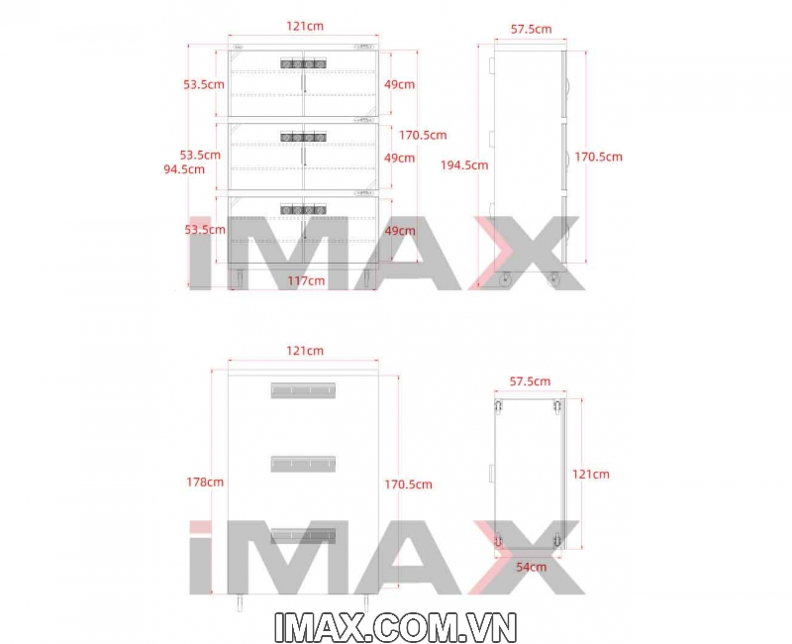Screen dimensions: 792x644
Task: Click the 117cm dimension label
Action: tap(306, 280)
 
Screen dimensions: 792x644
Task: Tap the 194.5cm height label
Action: tap(464, 164)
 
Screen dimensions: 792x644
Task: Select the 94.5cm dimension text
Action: tap(184, 168)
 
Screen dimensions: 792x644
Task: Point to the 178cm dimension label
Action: tap(205, 482)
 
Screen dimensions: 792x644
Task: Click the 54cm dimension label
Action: tap(532, 567)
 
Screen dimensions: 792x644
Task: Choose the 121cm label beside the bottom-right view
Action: tap(591, 475)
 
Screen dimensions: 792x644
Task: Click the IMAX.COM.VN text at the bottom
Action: tap(395, 627)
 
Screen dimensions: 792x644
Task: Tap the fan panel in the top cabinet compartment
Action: tap(303, 63)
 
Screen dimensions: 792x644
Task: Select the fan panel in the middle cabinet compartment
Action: tap(303, 137)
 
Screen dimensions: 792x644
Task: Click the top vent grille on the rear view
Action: tap(303, 390)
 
